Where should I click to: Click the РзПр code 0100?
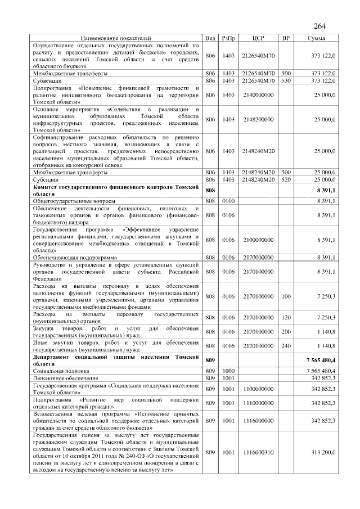click(x=228, y=201)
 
